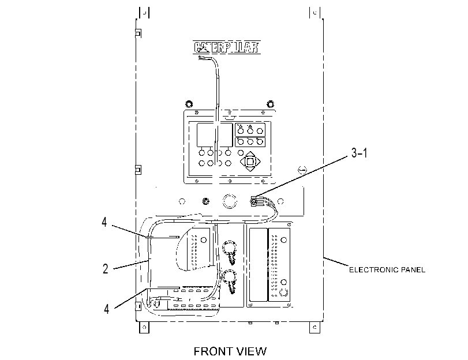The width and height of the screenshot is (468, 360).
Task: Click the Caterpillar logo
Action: pyautogui.click(x=226, y=47)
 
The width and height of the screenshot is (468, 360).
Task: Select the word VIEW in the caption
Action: pyautogui.click(x=251, y=351)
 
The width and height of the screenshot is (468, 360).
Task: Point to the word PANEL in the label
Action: pyautogui.click(x=413, y=270)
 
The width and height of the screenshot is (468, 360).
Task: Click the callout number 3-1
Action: pyautogui.click(x=359, y=153)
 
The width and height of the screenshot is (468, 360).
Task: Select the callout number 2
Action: pyautogui.click(x=106, y=269)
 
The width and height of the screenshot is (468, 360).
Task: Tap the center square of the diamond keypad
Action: pyautogui.click(x=250, y=162)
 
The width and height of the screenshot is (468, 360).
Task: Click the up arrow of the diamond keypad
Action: pyautogui.click(x=250, y=154)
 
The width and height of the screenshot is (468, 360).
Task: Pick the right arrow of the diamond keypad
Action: pyautogui.click(x=257, y=162)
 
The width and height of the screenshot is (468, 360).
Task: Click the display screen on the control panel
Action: pyautogui.click(x=214, y=135)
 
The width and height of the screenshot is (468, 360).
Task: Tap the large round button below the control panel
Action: pyautogui.click(x=230, y=201)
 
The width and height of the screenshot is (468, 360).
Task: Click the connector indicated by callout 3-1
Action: pyautogui.click(x=254, y=201)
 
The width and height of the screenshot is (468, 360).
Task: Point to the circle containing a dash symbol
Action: pyautogui.click(x=302, y=170)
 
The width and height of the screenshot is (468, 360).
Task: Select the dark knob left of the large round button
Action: pyautogui.click(x=205, y=201)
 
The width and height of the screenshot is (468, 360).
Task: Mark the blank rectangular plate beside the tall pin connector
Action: pyautogui.click(x=258, y=264)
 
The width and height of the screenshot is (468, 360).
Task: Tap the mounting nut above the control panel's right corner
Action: pyautogui.click(x=270, y=104)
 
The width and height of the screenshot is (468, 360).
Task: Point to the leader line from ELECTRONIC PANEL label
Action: pyautogui.click(x=336, y=261)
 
